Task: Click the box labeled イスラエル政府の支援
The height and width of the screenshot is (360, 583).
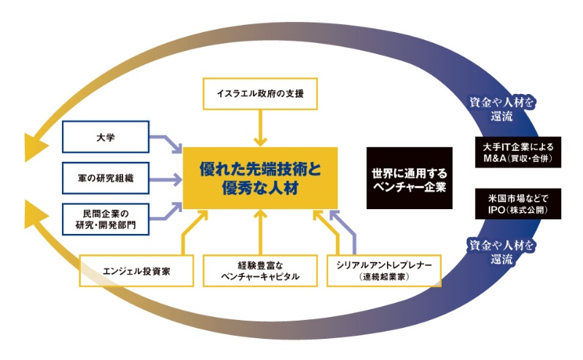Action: point(259,93)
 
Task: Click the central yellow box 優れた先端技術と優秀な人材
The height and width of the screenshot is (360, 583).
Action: point(260,179)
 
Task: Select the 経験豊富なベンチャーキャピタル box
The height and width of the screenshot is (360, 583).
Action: point(260,271)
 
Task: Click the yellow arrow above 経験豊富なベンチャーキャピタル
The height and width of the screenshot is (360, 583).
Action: point(260,232)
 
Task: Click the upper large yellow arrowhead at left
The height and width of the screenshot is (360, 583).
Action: point(33,145)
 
